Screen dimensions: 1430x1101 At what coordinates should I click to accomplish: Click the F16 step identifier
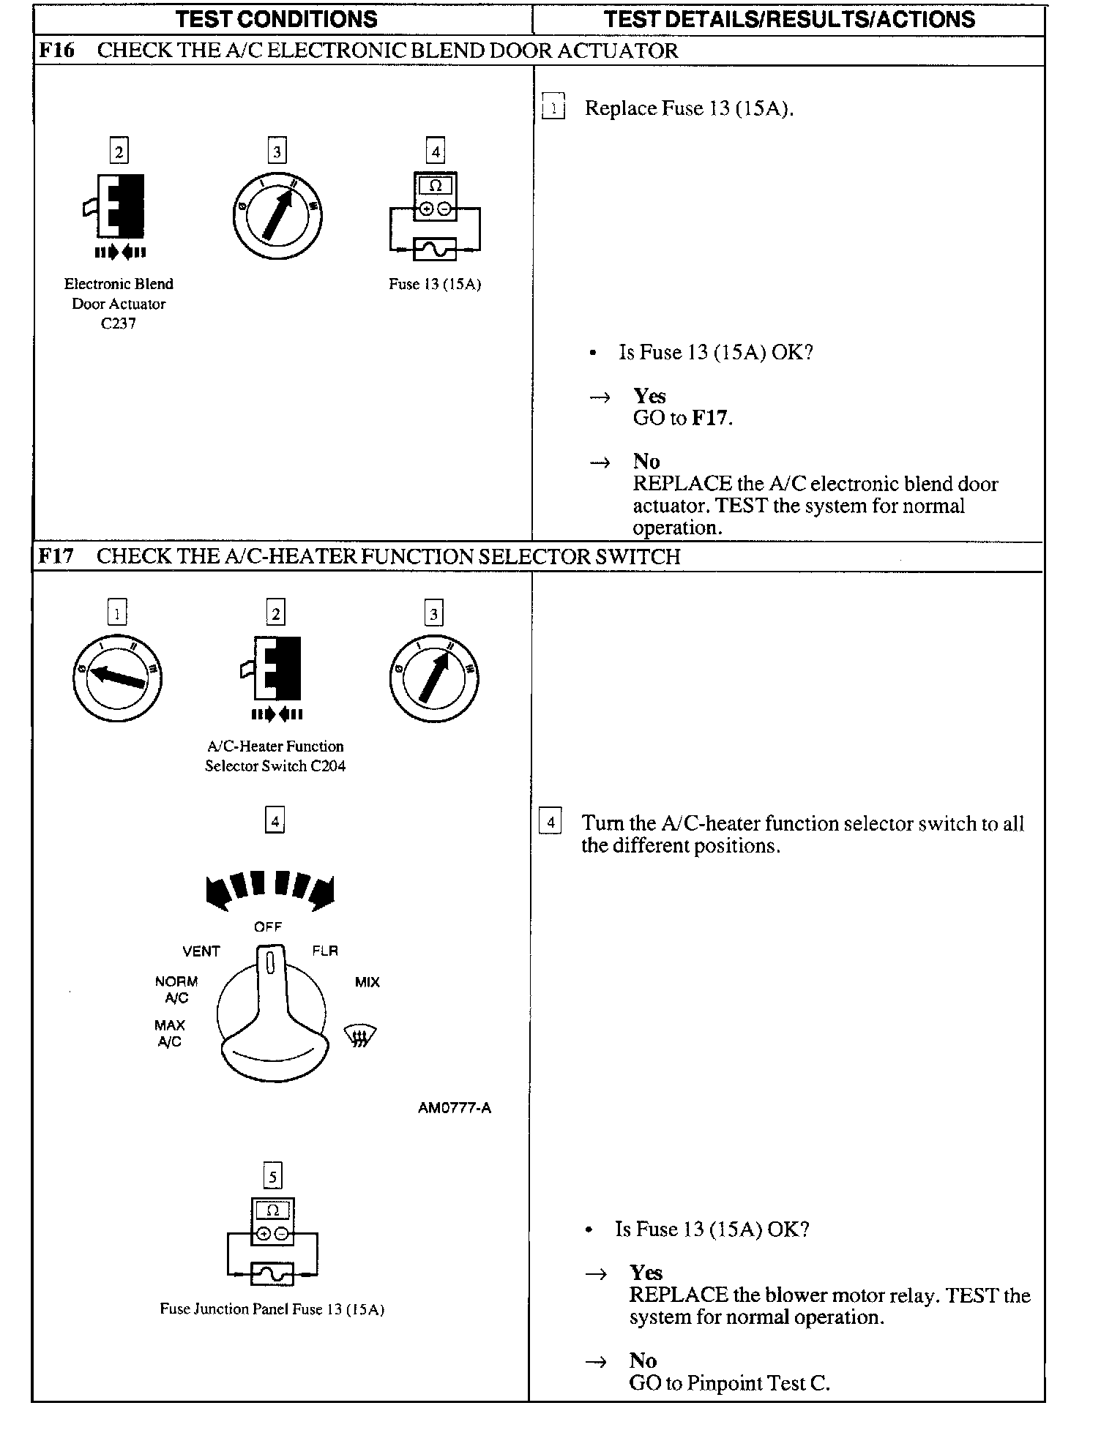click(56, 50)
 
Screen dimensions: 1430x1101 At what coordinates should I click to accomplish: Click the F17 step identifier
click(56, 556)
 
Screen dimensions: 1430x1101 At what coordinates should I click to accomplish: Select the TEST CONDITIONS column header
click(276, 19)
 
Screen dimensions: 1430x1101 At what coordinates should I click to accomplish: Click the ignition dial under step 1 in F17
click(117, 678)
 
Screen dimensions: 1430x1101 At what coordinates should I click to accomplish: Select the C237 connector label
click(119, 323)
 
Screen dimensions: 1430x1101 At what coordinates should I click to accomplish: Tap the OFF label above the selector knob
click(268, 926)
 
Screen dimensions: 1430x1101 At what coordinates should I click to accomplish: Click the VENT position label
click(201, 951)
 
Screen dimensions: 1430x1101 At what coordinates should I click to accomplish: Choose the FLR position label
click(325, 951)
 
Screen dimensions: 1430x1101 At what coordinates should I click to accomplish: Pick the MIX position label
click(367, 982)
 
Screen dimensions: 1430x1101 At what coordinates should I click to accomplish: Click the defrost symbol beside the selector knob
click(360, 1036)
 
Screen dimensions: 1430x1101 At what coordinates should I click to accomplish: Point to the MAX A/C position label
click(170, 1033)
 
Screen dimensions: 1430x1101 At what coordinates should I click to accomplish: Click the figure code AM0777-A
click(454, 1108)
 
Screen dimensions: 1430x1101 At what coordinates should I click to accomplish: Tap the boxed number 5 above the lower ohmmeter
click(272, 1177)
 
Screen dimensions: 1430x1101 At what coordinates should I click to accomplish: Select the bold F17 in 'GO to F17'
click(711, 418)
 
